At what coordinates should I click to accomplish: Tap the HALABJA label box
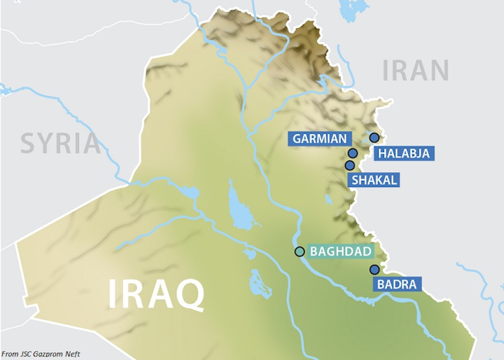pos(403,153)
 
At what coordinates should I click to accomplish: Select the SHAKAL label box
pos(374,180)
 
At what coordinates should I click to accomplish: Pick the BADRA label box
pos(397,284)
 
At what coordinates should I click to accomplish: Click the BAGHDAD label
pos(339,251)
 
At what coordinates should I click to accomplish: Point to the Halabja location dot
pos(374,137)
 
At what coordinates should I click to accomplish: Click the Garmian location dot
pos(353,153)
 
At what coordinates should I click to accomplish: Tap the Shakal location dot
pos(349,165)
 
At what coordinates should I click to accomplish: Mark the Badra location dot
pos(374,270)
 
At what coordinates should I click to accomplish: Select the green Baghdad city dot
pos(300,251)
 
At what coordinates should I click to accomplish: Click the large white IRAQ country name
pos(156,295)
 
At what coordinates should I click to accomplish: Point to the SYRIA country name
pos(60,143)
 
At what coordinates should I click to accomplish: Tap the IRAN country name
pos(416,71)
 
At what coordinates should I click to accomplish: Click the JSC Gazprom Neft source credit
pos(41,354)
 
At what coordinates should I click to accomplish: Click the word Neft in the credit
pos(71,354)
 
